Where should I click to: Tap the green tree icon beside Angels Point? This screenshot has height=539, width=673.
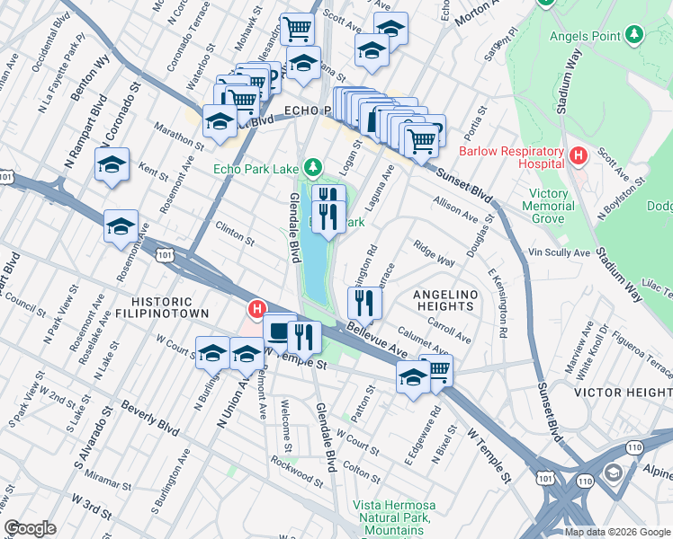[x=635, y=33]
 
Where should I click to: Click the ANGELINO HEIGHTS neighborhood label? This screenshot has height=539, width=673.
[x=443, y=300]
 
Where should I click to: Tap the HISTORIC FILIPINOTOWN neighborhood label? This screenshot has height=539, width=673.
[x=161, y=307]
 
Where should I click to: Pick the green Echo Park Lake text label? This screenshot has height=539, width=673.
[x=256, y=167]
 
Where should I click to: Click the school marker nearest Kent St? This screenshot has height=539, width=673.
[x=112, y=163]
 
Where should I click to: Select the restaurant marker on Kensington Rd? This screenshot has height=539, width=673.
[x=364, y=301]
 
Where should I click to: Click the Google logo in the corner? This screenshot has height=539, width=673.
[x=31, y=528]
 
